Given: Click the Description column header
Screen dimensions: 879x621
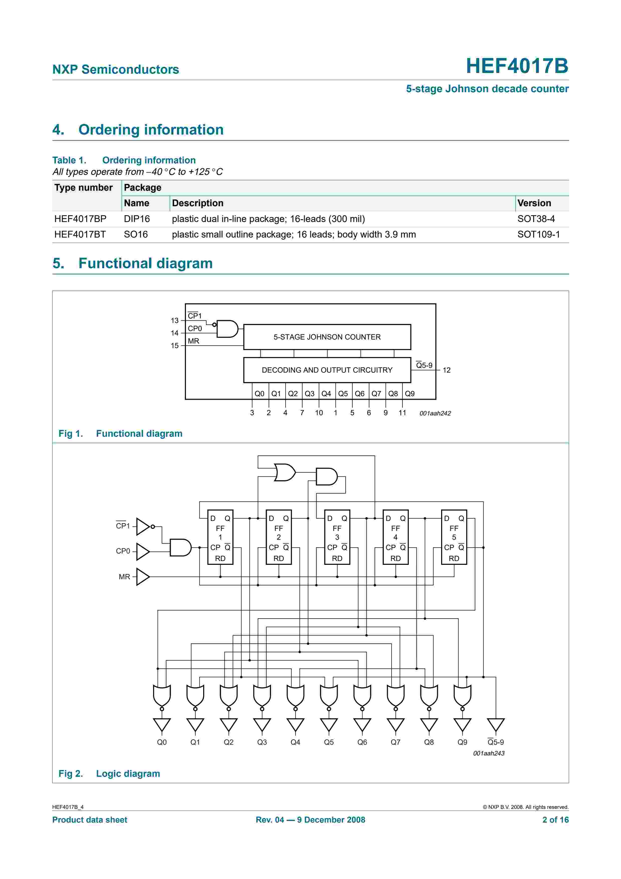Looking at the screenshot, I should (x=197, y=203).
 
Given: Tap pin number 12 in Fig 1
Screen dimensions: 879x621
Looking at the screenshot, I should (x=446, y=370).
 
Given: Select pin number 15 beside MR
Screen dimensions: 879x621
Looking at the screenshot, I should (x=175, y=346).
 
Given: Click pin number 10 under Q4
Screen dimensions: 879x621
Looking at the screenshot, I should (x=319, y=413).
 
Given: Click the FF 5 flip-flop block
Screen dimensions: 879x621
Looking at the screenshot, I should (x=454, y=537).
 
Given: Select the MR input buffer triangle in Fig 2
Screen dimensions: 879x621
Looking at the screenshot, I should (x=142, y=577).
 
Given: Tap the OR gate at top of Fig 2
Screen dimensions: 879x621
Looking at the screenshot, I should (x=285, y=472).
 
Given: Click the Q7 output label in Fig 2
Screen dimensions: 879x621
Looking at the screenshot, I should (x=395, y=742).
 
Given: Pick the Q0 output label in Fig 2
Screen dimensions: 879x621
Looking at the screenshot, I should (x=162, y=742).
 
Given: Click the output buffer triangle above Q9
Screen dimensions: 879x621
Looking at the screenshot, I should (x=462, y=724).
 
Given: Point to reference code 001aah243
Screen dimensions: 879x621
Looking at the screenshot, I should (x=489, y=753).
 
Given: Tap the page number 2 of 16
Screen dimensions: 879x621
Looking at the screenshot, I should (x=555, y=820).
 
